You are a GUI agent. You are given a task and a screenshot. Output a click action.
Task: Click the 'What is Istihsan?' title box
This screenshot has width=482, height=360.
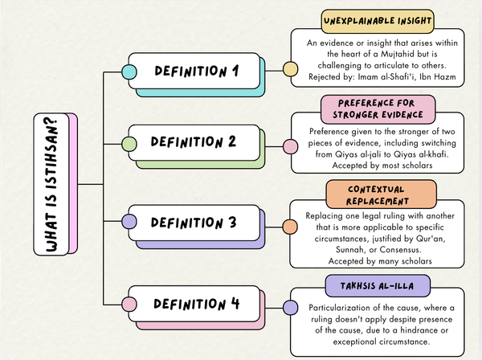(x=50, y=184)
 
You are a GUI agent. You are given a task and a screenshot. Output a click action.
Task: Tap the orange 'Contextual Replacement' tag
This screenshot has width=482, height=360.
(x=370, y=194)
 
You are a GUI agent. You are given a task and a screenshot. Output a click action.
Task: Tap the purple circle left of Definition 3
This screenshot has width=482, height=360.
(x=129, y=220)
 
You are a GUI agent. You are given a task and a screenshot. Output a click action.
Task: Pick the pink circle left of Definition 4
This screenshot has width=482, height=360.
(x=129, y=304)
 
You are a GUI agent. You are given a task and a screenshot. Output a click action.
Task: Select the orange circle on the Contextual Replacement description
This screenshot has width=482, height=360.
(x=290, y=227)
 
